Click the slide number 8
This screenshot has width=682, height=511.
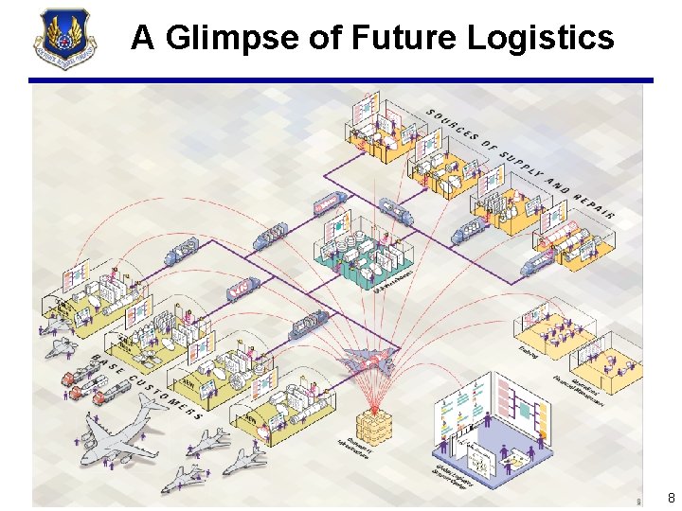pyautogui.click(x=672, y=498)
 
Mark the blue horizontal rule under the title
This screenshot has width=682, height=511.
pyautogui.click(x=341, y=79)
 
